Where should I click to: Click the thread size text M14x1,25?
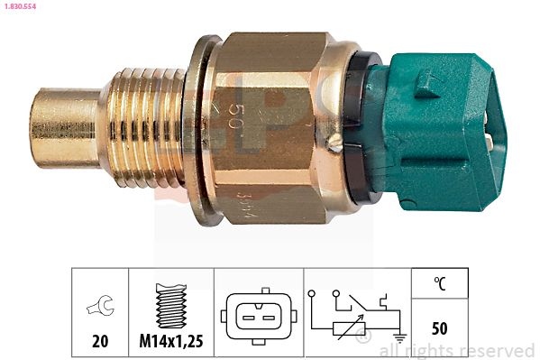pos(170,342)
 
